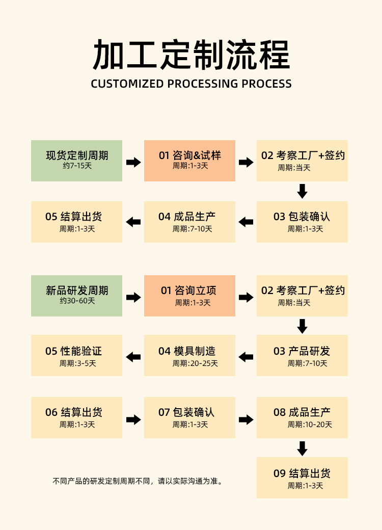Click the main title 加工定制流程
(191, 55)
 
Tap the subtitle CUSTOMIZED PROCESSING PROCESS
(191, 84)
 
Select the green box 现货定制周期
(76, 161)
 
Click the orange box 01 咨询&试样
(189, 161)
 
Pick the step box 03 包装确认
(302, 222)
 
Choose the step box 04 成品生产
(189, 222)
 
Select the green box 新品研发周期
(76, 296)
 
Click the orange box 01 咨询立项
(189, 296)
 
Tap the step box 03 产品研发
(302, 355)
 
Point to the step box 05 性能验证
(76, 355)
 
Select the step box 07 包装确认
(189, 417)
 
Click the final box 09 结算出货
(302, 478)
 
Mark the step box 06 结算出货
(76, 417)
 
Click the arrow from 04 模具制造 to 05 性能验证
(133, 357)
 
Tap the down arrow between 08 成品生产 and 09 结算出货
(302, 448)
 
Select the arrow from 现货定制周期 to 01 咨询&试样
(133, 162)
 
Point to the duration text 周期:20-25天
(195, 363)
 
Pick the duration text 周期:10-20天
(310, 425)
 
